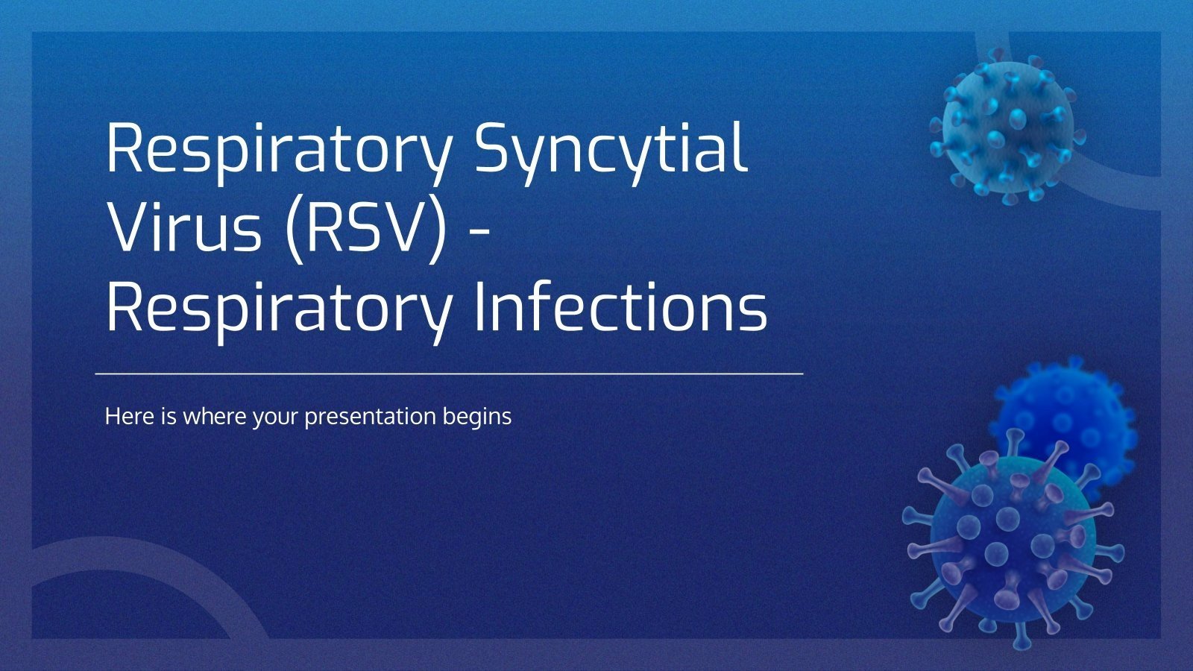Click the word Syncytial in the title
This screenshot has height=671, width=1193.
click(x=610, y=149)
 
